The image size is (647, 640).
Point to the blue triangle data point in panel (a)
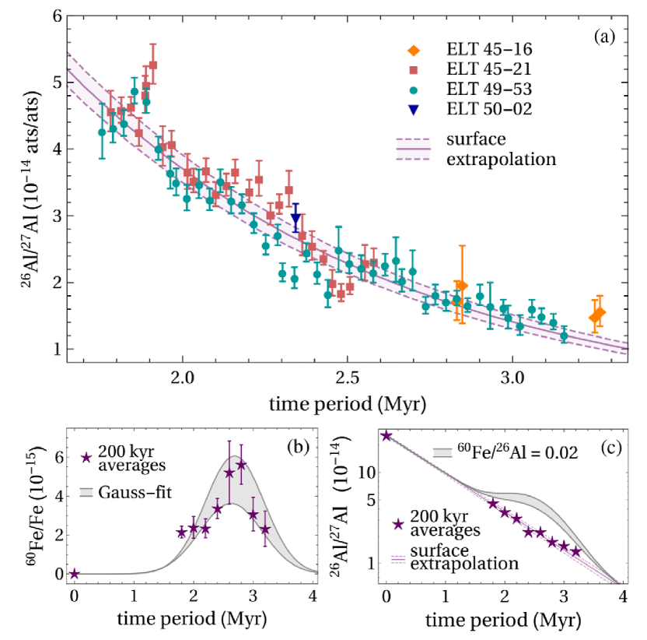[x=296, y=220]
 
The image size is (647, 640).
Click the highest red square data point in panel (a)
[x=153, y=65]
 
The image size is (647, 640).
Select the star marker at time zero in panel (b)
[x=74, y=574]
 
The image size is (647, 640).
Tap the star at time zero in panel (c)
[x=386, y=435]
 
